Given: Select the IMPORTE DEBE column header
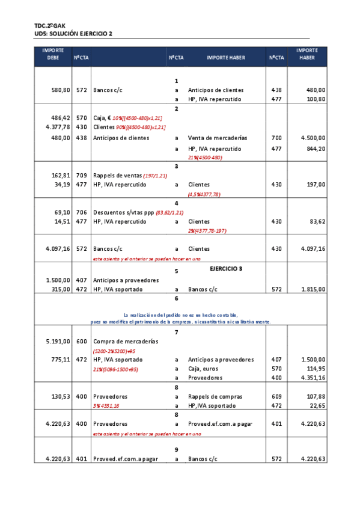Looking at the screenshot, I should (x=53, y=54).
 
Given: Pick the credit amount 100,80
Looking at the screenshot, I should (x=316, y=99).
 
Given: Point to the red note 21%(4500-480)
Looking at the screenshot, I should (x=206, y=158).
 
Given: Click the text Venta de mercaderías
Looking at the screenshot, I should (x=218, y=138).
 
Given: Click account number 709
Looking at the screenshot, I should (x=82, y=176).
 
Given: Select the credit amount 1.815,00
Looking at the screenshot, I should (x=313, y=289).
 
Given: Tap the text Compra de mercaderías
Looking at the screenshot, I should (x=126, y=341).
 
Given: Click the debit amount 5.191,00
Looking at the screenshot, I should (x=58, y=341).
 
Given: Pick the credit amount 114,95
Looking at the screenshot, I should (x=316, y=369).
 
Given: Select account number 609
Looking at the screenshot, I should (x=276, y=396).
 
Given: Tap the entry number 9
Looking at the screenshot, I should (x=176, y=449).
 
